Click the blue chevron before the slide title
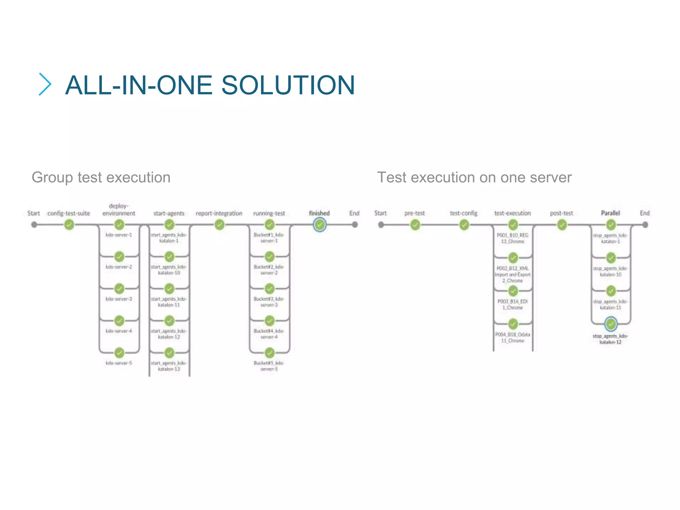(x=45, y=84)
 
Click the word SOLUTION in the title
(x=288, y=85)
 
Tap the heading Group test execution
(x=101, y=177)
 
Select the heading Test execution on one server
(x=474, y=177)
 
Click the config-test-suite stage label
(x=68, y=213)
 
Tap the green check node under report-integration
(x=219, y=225)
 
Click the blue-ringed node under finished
(x=319, y=225)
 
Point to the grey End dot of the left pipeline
(x=355, y=225)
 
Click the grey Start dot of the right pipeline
(x=381, y=225)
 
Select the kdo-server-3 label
(x=119, y=299)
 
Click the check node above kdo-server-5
(x=119, y=352)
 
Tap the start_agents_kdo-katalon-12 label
(x=169, y=334)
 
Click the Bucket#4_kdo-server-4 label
(x=269, y=334)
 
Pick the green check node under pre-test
(x=415, y=225)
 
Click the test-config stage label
(x=464, y=213)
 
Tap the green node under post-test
(x=562, y=225)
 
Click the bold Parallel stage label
(x=610, y=213)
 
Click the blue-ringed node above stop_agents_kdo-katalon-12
(x=611, y=324)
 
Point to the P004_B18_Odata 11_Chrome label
(x=513, y=337)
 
